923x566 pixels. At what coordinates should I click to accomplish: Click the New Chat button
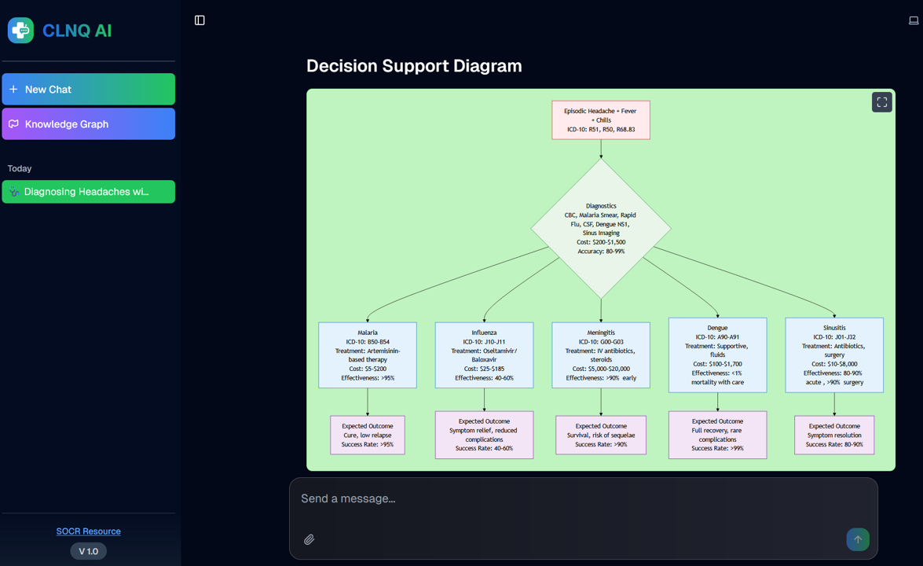coord(88,90)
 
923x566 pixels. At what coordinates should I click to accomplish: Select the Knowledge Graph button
coord(88,124)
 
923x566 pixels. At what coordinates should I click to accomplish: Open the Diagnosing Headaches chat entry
coord(88,192)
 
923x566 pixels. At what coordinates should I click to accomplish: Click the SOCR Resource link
coord(88,531)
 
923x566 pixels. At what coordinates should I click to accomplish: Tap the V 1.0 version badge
coord(88,551)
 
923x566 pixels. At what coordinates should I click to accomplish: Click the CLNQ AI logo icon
coord(20,31)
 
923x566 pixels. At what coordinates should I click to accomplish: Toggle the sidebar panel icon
coord(200,20)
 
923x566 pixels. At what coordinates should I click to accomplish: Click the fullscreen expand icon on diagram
coord(881,102)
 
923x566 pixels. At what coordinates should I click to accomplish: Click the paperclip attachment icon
coord(309,539)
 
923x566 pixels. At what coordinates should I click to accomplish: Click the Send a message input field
coord(581,499)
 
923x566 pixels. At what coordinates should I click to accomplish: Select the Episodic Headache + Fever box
coord(601,120)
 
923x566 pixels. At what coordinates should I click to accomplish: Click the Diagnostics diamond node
coord(601,229)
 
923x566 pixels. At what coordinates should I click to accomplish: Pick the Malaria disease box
coord(368,355)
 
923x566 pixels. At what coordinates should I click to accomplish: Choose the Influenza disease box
coord(484,355)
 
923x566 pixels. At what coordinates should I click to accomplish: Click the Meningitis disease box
coord(601,355)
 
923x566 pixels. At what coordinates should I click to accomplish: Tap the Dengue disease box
coord(717,355)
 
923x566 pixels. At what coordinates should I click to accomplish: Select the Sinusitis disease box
coord(834,355)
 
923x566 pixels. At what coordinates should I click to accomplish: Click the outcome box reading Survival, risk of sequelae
coord(601,436)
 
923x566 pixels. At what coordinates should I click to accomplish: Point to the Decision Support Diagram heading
coord(414,66)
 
